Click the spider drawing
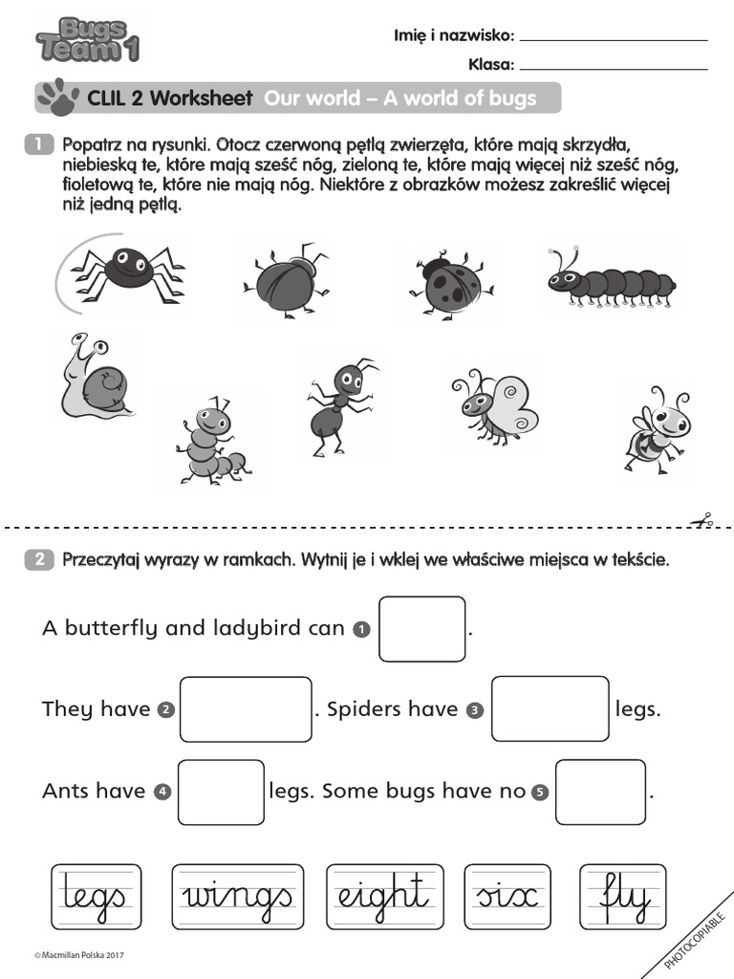(126, 268)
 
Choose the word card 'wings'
(238, 898)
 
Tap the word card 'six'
(506, 898)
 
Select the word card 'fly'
(623, 898)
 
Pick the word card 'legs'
(96, 898)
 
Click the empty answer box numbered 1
(421, 629)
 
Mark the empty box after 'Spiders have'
(550, 708)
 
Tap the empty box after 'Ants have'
(221, 792)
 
